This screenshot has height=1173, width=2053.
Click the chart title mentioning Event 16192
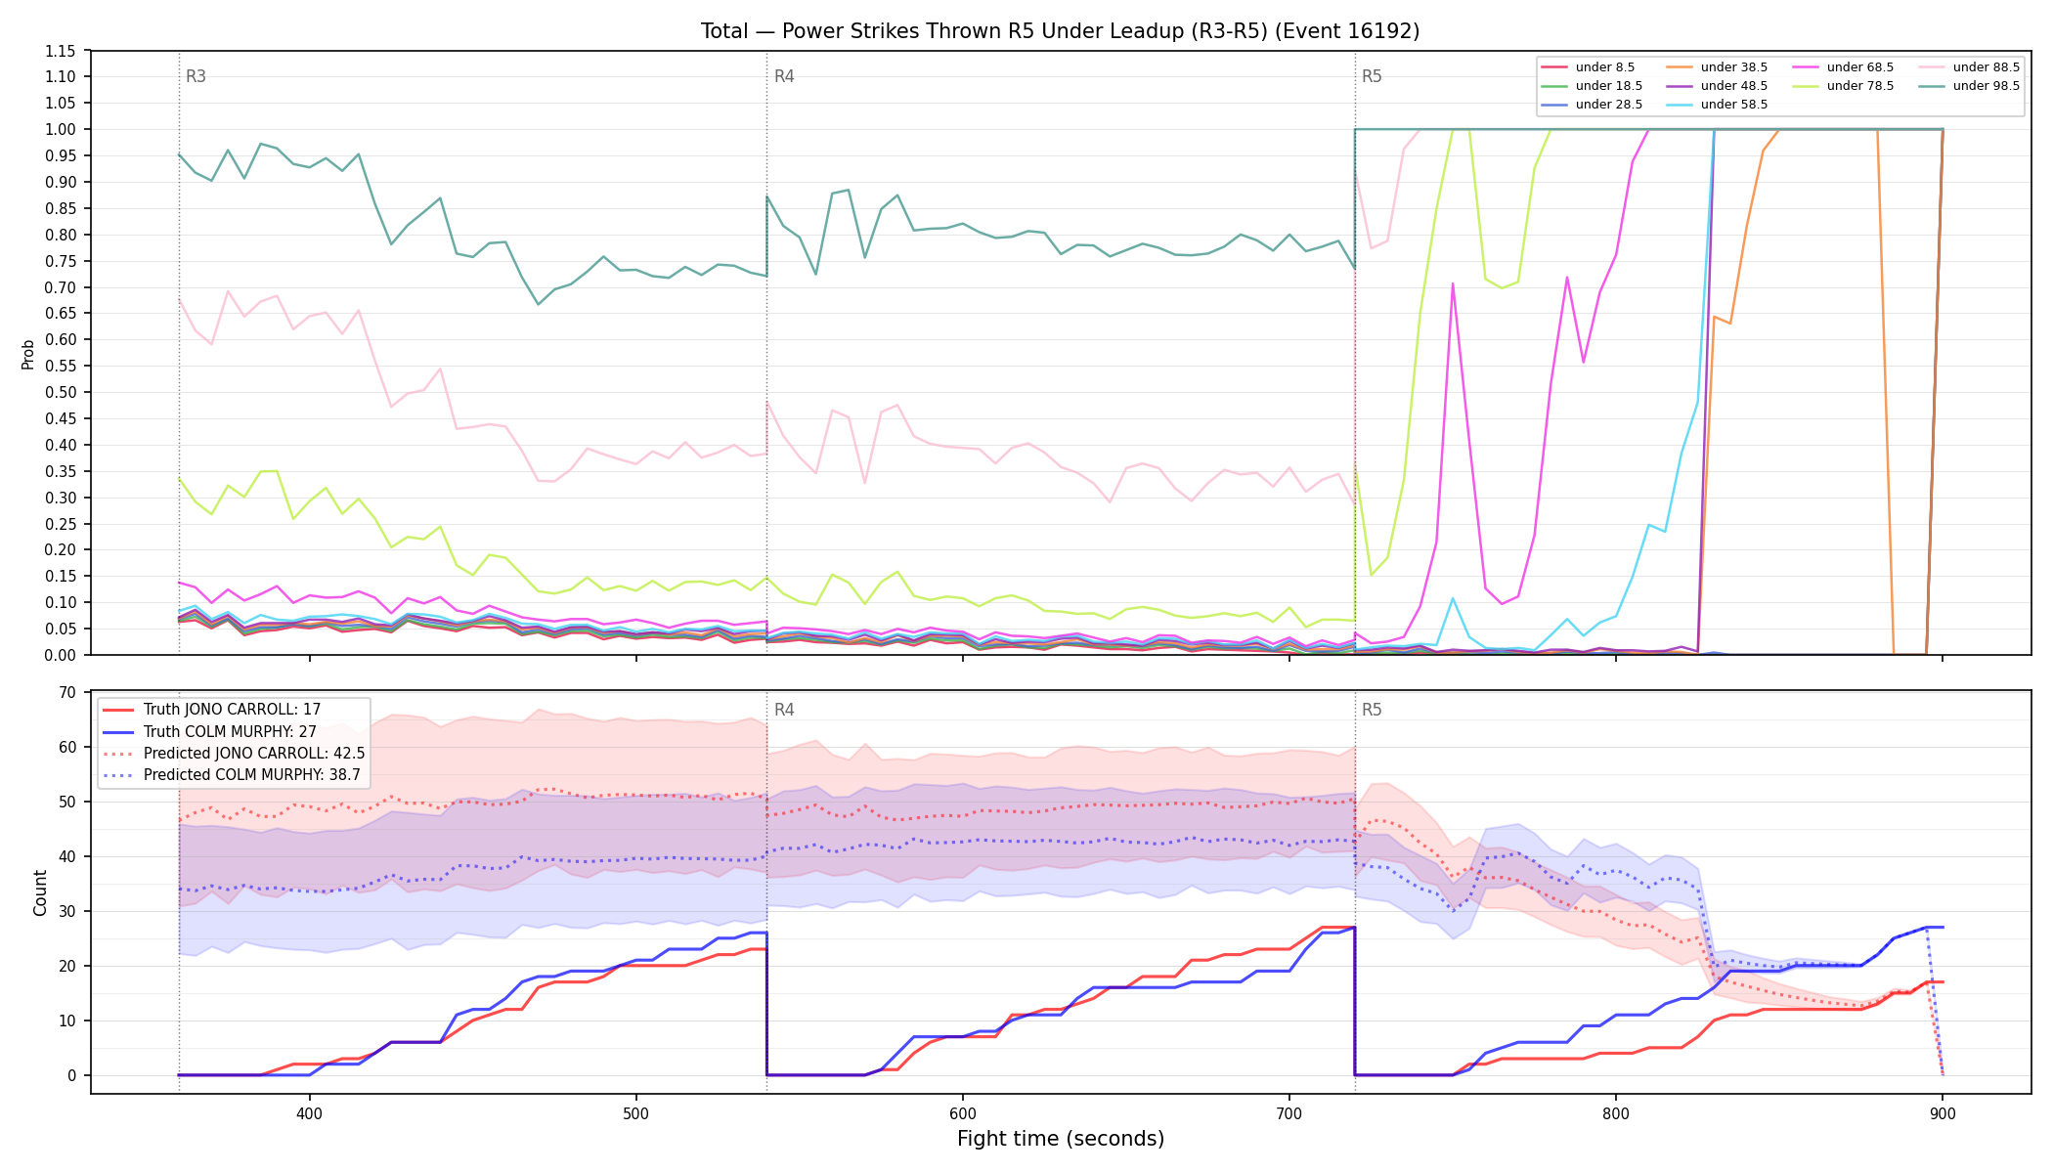[x=1060, y=31]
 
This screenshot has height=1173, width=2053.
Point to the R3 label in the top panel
[x=196, y=76]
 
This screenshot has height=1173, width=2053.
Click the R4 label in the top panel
[x=784, y=76]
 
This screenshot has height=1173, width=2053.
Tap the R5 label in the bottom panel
[x=1372, y=710]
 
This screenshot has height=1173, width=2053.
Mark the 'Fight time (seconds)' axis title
[x=1061, y=1139]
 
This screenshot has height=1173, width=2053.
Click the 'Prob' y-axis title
[x=28, y=354]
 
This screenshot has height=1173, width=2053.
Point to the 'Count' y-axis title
[x=40, y=892]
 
